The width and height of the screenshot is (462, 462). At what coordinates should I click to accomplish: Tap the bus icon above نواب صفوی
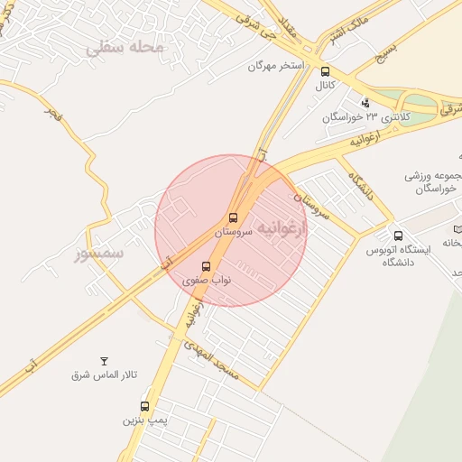pos(207,266)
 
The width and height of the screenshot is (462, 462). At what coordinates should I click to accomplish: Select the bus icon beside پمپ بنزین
pos(144,406)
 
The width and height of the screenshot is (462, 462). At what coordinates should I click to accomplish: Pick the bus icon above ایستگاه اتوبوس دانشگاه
pos(398,236)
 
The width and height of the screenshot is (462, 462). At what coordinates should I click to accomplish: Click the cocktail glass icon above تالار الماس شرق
pos(104,360)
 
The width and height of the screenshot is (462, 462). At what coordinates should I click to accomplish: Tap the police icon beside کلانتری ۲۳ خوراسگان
pos(365,103)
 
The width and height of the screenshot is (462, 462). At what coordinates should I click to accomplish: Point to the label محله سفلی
pos(125,47)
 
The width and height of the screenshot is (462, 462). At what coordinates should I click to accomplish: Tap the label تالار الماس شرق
pos(105,374)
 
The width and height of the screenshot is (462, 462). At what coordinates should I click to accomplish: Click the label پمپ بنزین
pos(145,420)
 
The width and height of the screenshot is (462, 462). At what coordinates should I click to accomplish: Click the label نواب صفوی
pos(208,281)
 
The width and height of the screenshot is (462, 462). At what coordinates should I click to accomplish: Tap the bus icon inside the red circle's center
pos(233,217)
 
